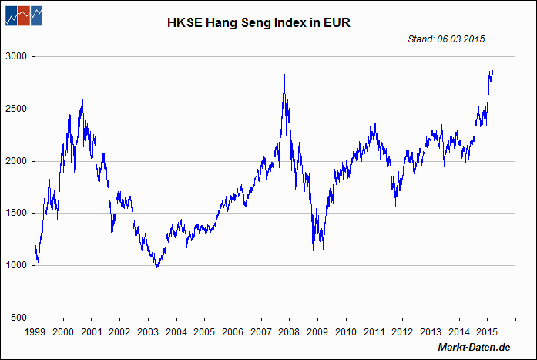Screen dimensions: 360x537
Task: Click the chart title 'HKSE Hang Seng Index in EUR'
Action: (x=259, y=23)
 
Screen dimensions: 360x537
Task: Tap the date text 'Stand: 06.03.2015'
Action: (x=446, y=39)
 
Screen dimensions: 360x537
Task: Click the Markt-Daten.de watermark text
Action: (x=474, y=348)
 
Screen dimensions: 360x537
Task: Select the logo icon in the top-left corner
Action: (x=23, y=15)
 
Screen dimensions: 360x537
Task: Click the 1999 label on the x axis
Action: (x=35, y=331)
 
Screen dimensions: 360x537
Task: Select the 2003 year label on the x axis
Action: (x=148, y=331)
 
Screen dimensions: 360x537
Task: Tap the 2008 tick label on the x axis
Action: (x=289, y=331)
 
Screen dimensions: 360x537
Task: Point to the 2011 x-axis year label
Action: (x=374, y=331)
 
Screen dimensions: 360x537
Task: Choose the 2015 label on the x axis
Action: (x=486, y=331)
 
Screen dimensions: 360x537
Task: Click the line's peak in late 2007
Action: (x=285, y=75)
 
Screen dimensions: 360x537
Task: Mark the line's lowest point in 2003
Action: (x=158, y=267)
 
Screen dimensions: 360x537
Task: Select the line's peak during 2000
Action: (x=82, y=99)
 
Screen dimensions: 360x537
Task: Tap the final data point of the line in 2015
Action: (x=493, y=71)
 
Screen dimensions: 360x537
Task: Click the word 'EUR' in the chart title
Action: (x=337, y=23)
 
